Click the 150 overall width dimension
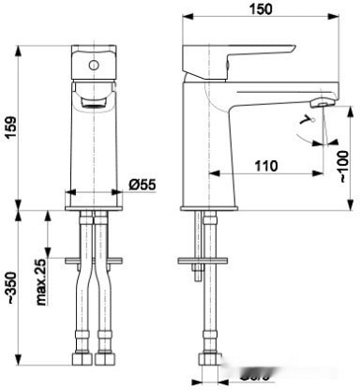point(261,9)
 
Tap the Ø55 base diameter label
point(142,185)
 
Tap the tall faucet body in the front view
point(92,141)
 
